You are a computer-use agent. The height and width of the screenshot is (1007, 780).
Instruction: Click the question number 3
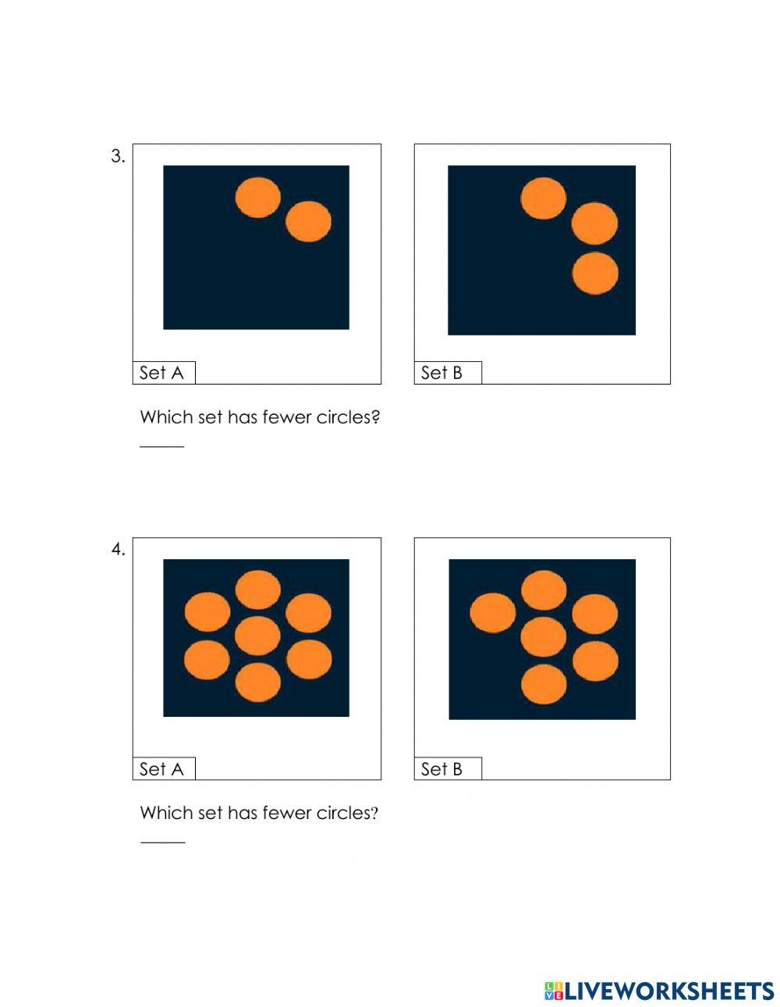pyautogui.click(x=118, y=156)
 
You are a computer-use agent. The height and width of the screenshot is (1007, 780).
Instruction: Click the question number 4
pyautogui.click(x=118, y=550)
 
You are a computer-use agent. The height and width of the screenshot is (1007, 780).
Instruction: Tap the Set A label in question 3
pyautogui.click(x=161, y=373)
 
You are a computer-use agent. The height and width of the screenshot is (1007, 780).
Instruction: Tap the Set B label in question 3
pyautogui.click(x=441, y=373)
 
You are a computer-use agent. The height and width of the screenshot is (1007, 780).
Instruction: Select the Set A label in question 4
pyautogui.click(x=161, y=769)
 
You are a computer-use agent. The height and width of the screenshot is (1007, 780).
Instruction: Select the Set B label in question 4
pyautogui.click(x=441, y=769)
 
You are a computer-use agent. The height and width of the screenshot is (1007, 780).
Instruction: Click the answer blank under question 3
pyautogui.click(x=162, y=447)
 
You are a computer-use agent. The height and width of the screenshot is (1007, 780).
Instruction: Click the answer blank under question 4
pyautogui.click(x=162, y=842)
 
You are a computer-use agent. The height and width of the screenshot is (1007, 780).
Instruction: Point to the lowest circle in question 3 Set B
pyautogui.click(x=595, y=274)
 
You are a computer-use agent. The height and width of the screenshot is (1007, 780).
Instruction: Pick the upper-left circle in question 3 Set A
pyautogui.click(x=258, y=197)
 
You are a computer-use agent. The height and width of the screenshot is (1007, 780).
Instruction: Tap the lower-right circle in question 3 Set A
pyautogui.click(x=308, y=222)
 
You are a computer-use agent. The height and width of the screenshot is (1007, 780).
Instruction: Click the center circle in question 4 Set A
pyautogui.click(x=257, y=636)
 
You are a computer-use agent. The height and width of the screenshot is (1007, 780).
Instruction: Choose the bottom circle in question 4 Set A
pyautogui.click(x=258, y=683)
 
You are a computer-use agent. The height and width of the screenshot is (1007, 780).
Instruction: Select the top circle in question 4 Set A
pyautogui.click(x=258, y=590)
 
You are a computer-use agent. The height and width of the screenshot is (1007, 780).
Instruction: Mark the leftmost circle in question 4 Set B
pyautogui.click(x=493, y=612)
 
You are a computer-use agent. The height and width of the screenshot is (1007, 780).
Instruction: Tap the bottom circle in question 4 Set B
pyautogui.click(x=544, y=684)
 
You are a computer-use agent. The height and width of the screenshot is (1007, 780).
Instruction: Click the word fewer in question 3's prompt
pyautogui.click(x=287, y=417)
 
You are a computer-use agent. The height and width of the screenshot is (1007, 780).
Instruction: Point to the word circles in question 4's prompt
pyautogui.click(x=347, y=813)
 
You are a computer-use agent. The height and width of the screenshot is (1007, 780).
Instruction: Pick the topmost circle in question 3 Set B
pyautogui.click(x=544, y=198)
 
